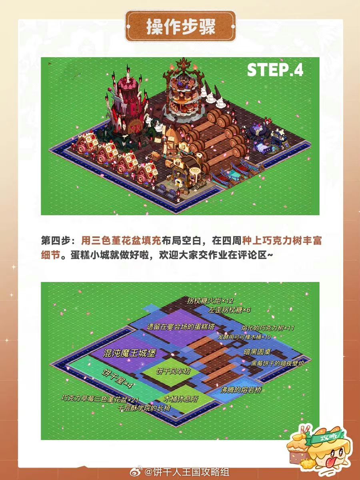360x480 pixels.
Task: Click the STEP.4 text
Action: point(275,70)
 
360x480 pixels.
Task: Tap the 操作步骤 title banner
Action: point(180,26)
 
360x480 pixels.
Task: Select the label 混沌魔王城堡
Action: point(130,353)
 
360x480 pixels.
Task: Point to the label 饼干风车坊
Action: point(173,371)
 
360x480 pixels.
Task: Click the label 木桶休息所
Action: point(181,399)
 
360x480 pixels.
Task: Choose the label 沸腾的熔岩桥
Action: point(241,390)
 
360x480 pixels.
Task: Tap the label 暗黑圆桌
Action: point(257,352)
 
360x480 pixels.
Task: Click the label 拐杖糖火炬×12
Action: point(210,301)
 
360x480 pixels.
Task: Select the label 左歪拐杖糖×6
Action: point(229,310)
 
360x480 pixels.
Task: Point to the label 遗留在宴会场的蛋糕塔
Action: point(180,327)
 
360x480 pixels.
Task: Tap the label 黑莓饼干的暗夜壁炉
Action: point(277,363)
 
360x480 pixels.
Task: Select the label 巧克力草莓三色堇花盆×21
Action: point(100,399)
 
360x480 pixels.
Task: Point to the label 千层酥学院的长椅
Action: point(144,408)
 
